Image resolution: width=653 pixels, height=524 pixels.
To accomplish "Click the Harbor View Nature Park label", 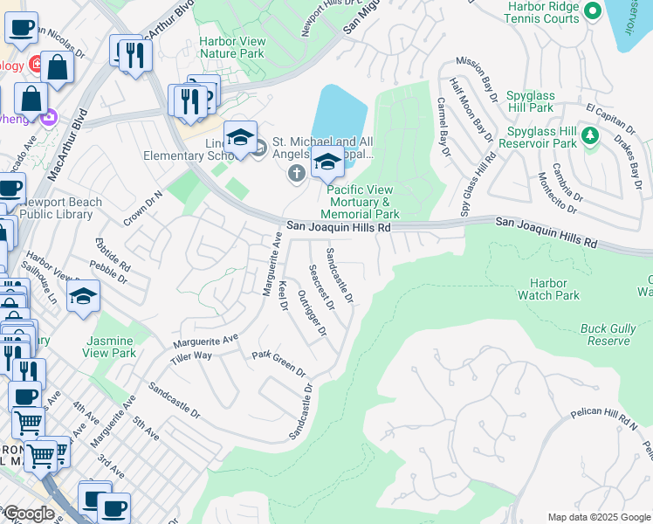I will (231, 47).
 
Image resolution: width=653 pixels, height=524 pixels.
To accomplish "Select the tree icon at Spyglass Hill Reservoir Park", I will (591, 136).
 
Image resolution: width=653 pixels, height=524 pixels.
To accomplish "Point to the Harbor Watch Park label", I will (553, 289).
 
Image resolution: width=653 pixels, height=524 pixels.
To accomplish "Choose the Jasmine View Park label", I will (110, 347).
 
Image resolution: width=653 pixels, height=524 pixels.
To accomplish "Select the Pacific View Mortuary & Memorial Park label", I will (360, 202).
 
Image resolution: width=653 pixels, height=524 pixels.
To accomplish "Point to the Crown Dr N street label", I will (143, 209).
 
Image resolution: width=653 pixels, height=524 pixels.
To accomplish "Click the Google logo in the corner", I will (28, 514).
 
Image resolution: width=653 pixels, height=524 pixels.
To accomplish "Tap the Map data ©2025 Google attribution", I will (598, 517).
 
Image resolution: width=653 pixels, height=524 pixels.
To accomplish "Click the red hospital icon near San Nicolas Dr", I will (37, 64).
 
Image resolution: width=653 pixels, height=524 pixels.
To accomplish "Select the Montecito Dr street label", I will (559, 192).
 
